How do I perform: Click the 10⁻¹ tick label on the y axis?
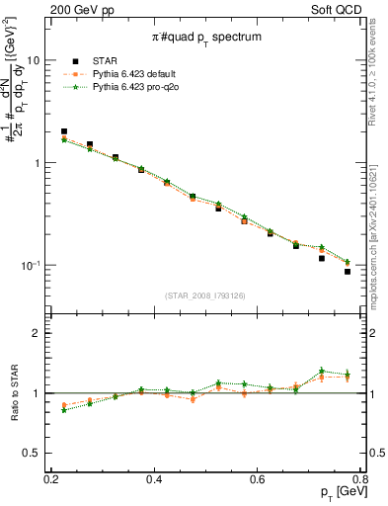coord(33,266)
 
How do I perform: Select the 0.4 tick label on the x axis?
coord(154,479)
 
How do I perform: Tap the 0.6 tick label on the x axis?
coord(258,479)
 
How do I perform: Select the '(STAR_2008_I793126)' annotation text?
coord(210,295)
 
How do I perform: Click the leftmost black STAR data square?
coord(64,131)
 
